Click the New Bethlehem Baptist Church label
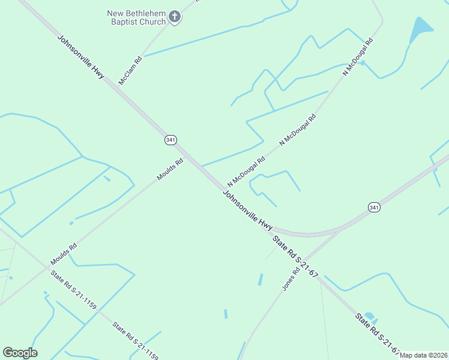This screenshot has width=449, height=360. (x=136, y=17)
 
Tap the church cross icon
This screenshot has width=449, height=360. (x=175, y=16)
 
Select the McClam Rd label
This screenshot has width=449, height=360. (x=130, y=70)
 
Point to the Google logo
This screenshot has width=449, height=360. (x=20, y=353)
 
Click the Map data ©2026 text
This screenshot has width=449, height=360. (x=423, y=355)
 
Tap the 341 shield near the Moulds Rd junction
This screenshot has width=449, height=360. (x=170, y=140)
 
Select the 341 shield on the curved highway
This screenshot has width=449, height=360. (x=374, y=207)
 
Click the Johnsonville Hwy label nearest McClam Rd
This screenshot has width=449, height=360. (x=81, y=58)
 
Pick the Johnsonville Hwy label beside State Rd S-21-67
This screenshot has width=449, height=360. (x=248, y=211)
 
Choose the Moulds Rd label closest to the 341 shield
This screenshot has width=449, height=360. (x=170, y=169)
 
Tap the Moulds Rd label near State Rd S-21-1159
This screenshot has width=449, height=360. (x=64, y=254)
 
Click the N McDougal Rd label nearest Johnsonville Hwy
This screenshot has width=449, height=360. (x=246, y=172)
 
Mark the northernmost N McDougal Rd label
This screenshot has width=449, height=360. (x=358, y=56)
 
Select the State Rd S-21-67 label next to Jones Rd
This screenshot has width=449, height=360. (x=295, y=256)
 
